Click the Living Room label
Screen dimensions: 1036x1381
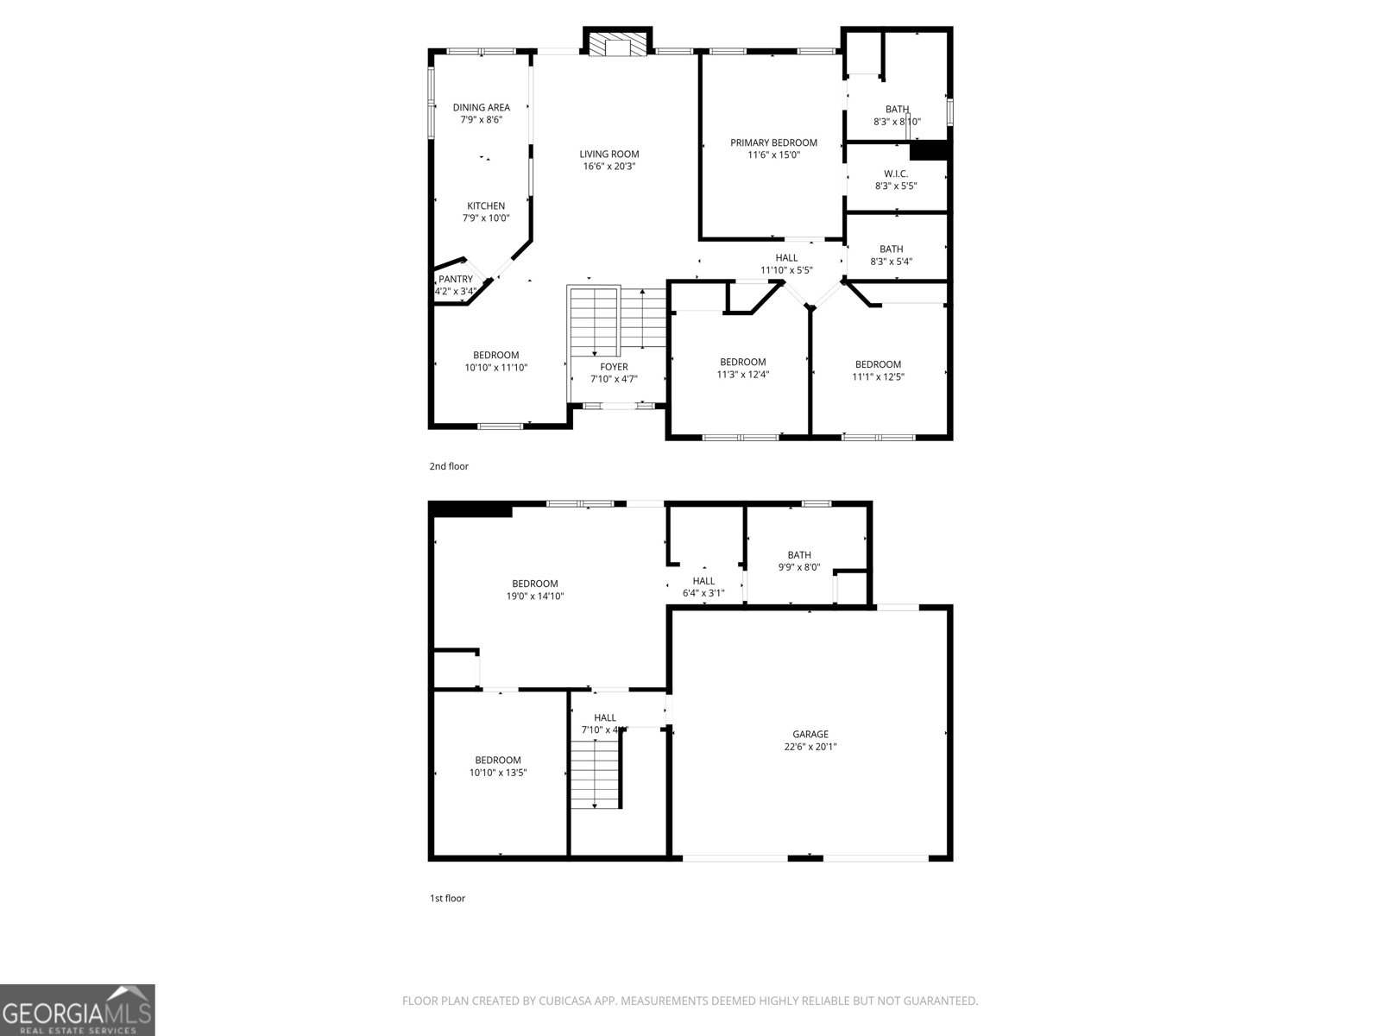[x=609, y=155]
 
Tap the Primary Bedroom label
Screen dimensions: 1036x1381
[x=773, y=142]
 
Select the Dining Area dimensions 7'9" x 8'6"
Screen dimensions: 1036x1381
[x=482, y=120]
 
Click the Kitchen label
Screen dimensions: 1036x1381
[x=486, y=205]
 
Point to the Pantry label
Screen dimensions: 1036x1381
[x=456, y=279]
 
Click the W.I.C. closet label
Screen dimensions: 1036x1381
[x=896, y=174]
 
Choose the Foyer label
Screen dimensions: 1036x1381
[x=615, y=367]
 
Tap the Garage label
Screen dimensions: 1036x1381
[x=810, y=735]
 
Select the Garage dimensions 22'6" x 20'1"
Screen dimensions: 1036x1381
[x=810, y=747]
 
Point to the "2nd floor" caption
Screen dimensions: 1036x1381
[x=449, y=466]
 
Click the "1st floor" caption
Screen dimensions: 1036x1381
[x=447, y=898]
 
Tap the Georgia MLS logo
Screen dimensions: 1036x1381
[x=78, y=1009]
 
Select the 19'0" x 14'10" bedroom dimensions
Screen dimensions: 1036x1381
[x=535, y=596]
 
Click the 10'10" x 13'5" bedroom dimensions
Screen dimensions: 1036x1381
[x=498, y=773]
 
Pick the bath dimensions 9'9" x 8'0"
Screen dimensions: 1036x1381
[x=799, y=567]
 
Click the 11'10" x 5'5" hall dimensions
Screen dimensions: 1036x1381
[x=786, y=270]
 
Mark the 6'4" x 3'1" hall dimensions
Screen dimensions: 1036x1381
[x=703, y=593]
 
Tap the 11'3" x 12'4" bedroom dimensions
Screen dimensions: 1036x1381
[x=742, y=375]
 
